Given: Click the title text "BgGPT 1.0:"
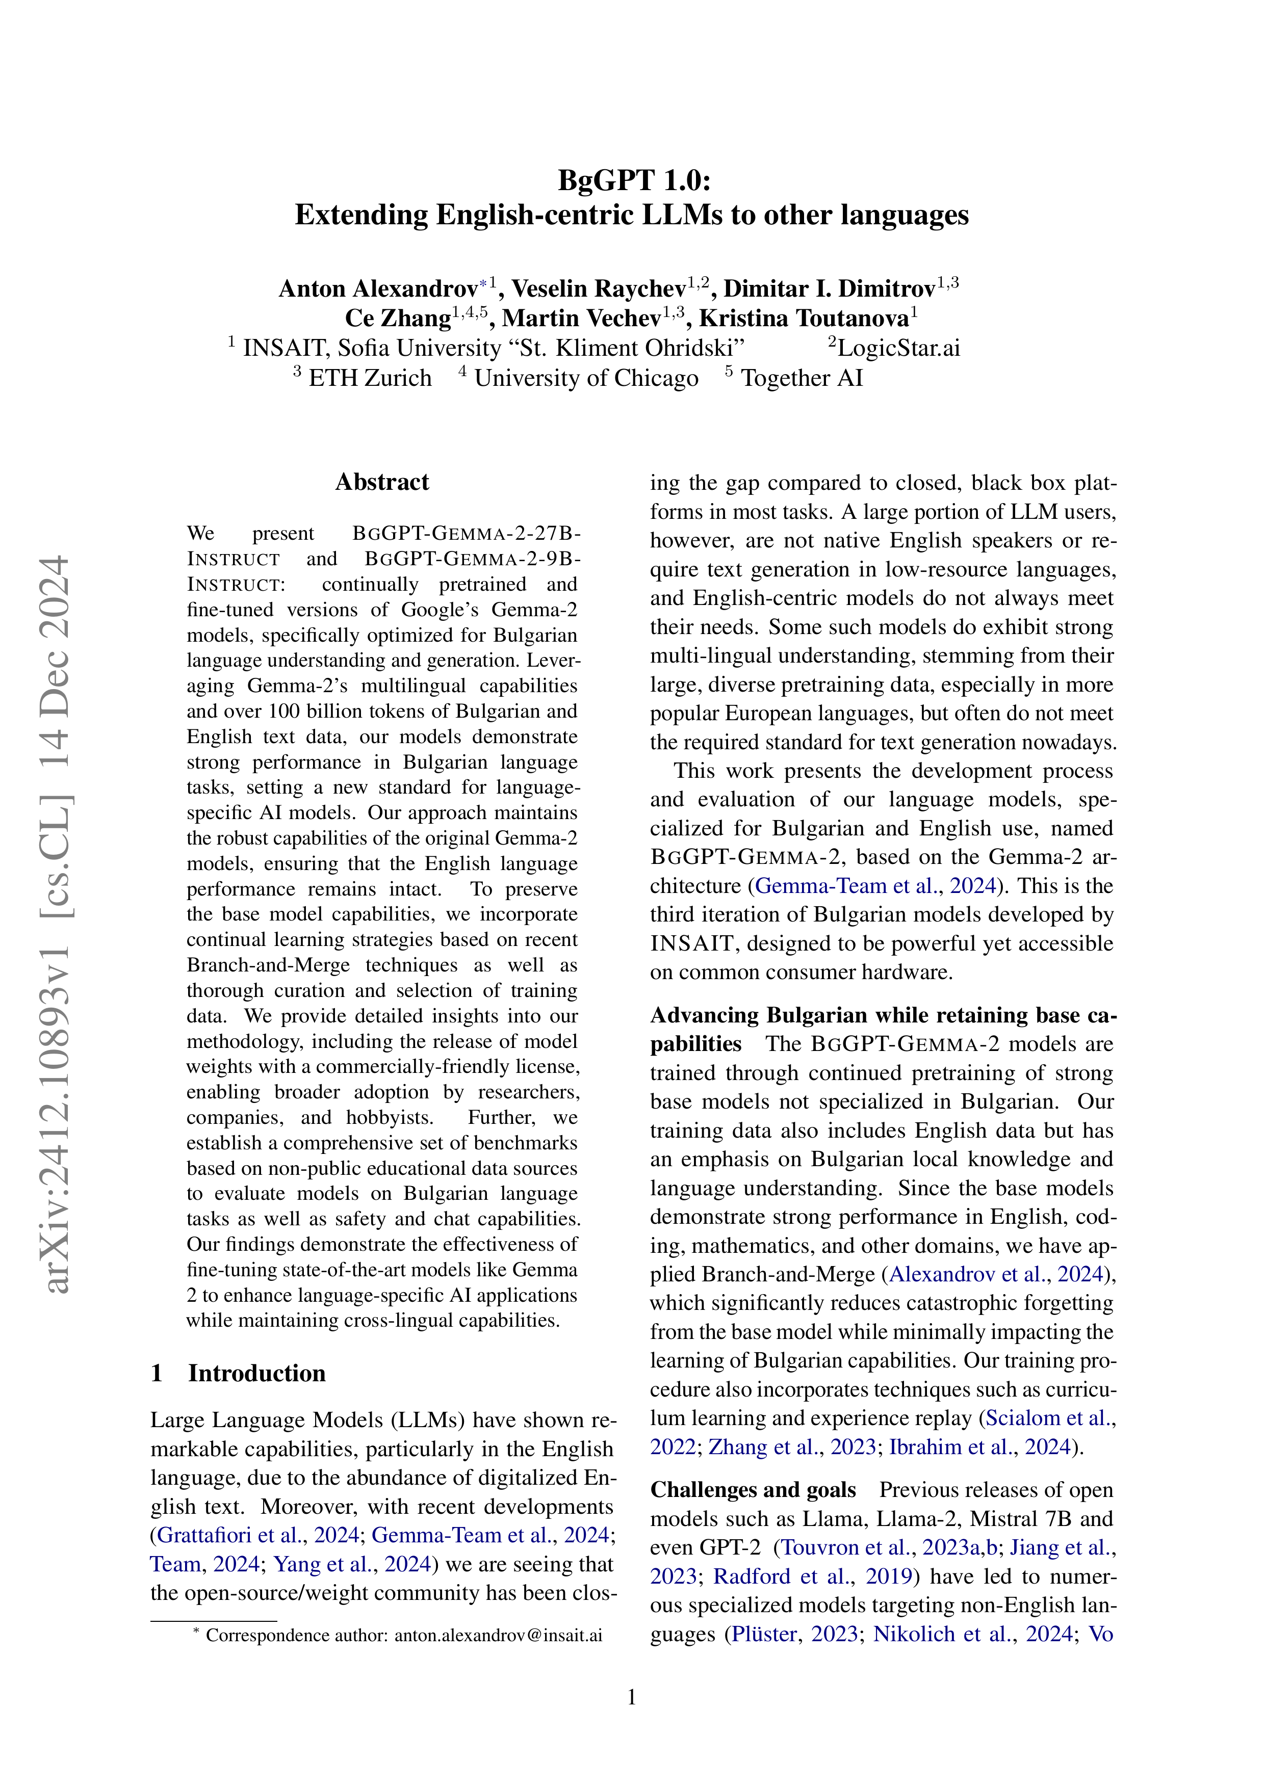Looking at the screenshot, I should tap(634, 180).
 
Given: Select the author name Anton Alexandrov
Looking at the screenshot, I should tap(378, 289).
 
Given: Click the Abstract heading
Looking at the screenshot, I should tap(382, 482).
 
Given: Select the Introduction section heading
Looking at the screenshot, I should tap(256, 1373).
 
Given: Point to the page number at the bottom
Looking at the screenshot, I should tap(632, 1697).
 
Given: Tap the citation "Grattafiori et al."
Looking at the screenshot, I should tap(231, 1535).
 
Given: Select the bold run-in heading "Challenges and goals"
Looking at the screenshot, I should tap(753, 1490).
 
